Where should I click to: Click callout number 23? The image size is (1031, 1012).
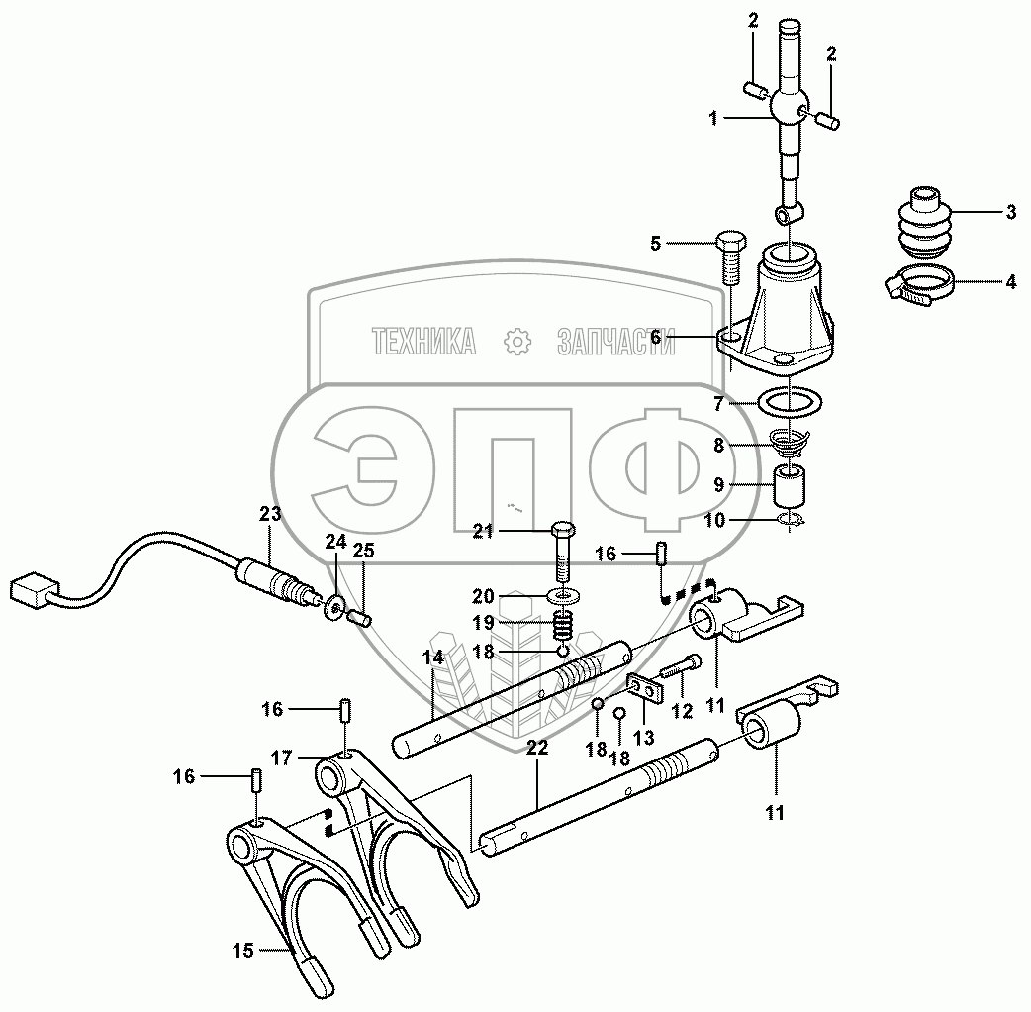pyautogui.click(x=269, y=513)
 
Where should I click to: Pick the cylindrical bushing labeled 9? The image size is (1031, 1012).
pyautogui.click(x=789, y=485)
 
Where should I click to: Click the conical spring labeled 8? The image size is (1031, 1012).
pyautogui.click(x=789, y=443)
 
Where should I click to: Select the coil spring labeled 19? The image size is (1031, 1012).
pyautogui.click(x=564, y=625)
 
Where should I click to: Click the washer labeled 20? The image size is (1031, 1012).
pyautogui.click(x=564, y=597)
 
